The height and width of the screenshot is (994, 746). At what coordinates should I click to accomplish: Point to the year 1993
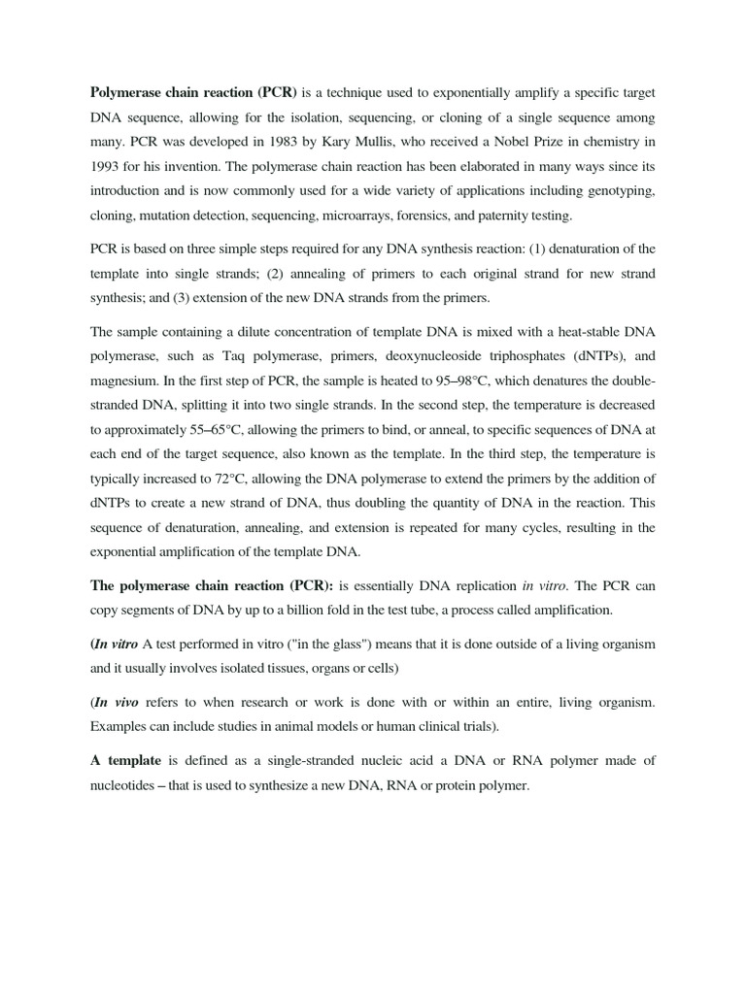[x=107, y=167]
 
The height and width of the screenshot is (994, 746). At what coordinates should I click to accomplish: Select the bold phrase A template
[x=125, y=762]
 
